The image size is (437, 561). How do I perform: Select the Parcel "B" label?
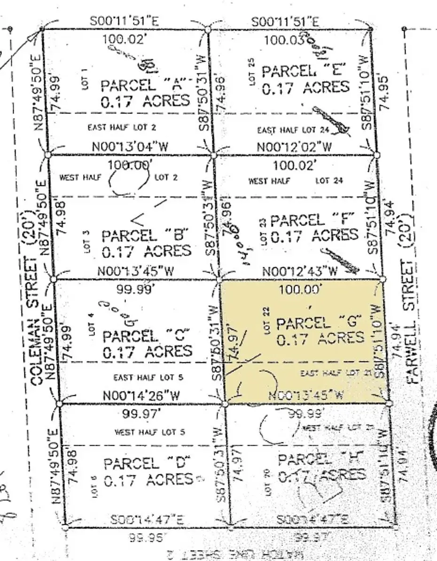pos(145,235)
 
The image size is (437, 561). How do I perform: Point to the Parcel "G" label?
pos(320,323)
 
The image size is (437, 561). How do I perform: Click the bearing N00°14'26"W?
pos(141,396)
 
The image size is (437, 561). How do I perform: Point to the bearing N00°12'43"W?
pos(300,271)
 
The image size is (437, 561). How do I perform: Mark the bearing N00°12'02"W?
pos(294,147)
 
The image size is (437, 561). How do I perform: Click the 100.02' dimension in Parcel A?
pos(125,39)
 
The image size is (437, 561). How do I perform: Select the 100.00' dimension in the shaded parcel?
pos(301,289)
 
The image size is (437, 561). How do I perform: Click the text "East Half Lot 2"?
pos(122,127)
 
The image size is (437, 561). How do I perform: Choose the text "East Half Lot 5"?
pos(148,377)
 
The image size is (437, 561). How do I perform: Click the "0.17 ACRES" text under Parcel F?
pos(315,236)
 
